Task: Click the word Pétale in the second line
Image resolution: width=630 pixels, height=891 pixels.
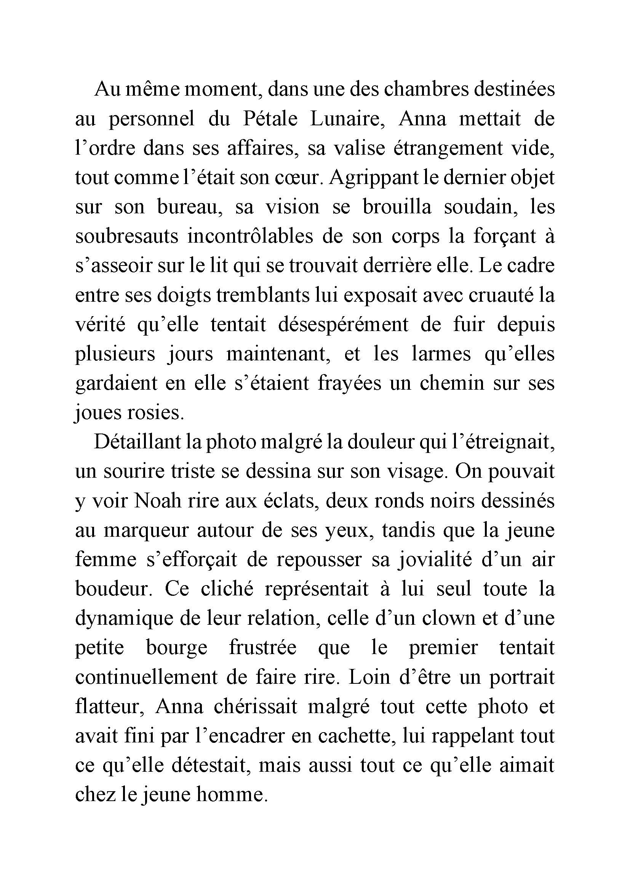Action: [270, 119]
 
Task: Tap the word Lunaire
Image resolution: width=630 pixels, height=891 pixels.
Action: [347, 119]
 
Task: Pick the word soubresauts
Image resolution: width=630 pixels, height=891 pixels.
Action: [127, 237]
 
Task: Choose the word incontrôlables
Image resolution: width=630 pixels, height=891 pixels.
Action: [251, 237]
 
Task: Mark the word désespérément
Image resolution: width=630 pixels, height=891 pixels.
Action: [343, 325]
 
